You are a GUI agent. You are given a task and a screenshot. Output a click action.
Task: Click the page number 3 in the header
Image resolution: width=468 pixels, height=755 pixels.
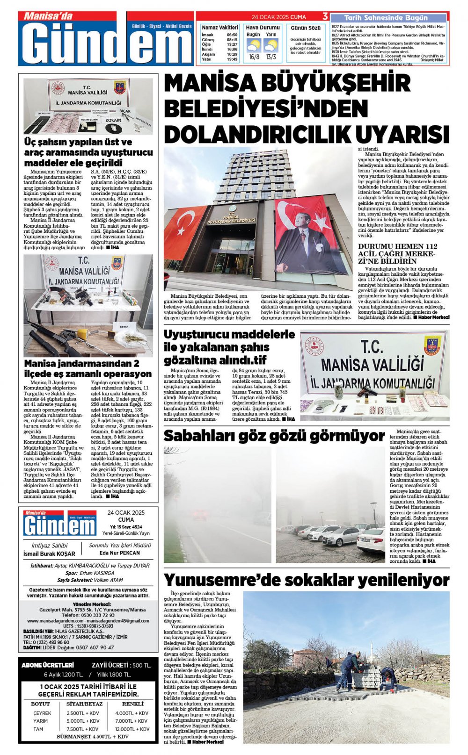[x=325, y=17]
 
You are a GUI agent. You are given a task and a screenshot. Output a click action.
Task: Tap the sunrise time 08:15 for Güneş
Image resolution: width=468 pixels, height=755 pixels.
[x=232, y=40]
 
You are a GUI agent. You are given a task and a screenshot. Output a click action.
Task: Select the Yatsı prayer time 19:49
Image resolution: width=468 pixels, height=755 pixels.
[x=232, y=59]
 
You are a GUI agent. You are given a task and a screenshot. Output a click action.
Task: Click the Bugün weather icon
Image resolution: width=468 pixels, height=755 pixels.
[x=254, y=46]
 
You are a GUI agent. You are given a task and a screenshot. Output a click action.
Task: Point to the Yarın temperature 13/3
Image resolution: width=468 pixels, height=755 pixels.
[x=271, y=57]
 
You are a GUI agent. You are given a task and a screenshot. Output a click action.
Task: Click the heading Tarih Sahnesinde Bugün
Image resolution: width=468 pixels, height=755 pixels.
[x=386, y=18]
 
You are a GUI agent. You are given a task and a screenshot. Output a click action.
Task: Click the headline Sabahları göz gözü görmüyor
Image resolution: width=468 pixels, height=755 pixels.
[x=274, y=436]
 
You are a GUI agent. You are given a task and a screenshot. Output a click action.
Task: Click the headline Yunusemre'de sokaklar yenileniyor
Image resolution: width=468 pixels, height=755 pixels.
[x=307, y=580]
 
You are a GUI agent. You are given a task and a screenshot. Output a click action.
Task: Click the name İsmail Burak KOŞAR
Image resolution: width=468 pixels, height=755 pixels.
[x=49, y=554]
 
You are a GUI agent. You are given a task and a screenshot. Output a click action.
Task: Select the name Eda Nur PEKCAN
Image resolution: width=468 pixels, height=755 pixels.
[x=120, y=553]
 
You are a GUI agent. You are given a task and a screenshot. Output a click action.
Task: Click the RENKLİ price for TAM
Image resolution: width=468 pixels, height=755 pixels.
[x=132, y=729]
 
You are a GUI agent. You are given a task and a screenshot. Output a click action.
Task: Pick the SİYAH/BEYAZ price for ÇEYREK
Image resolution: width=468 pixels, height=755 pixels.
[x=83, y=713]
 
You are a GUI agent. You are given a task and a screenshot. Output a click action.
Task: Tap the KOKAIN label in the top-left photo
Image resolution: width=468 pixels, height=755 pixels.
[x=113, y=120]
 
